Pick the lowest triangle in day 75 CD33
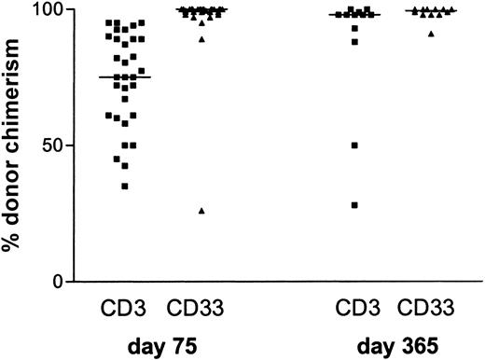coord(202,211)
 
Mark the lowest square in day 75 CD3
coord(125,186)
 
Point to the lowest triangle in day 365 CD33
coord(430,33)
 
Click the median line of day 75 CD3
coord(125,77)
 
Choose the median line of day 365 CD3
coord(354,15)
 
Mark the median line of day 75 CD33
coord(201,10)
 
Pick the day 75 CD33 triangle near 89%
coord(202,39)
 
